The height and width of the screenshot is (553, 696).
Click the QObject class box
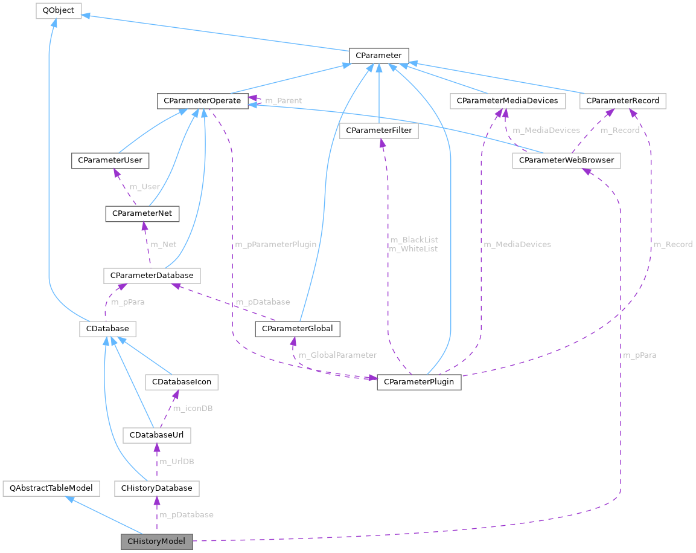click(58, 10)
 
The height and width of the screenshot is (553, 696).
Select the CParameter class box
click(378, 56)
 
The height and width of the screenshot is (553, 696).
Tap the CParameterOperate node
click(202, 100)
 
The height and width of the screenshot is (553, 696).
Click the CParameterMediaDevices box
click(507, 100)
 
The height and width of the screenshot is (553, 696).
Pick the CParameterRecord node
click(622, 100)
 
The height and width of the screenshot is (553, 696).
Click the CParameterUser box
click(110, 161)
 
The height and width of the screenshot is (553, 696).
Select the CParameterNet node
click(142, 213)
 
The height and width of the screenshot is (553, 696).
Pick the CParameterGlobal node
click(298, 329)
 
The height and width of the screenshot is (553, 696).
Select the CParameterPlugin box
click(419, 382)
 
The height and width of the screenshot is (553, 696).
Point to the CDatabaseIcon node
click(181, 382)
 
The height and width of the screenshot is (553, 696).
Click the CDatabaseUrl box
click(156, 435)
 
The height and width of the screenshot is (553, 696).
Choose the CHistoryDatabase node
click(156, 488)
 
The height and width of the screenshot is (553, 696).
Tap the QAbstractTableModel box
click(51, 488)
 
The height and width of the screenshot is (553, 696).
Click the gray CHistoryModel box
click(156, 541)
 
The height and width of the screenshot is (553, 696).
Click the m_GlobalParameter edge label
click(337, 355)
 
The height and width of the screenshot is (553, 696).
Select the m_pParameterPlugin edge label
click(276, 245)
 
